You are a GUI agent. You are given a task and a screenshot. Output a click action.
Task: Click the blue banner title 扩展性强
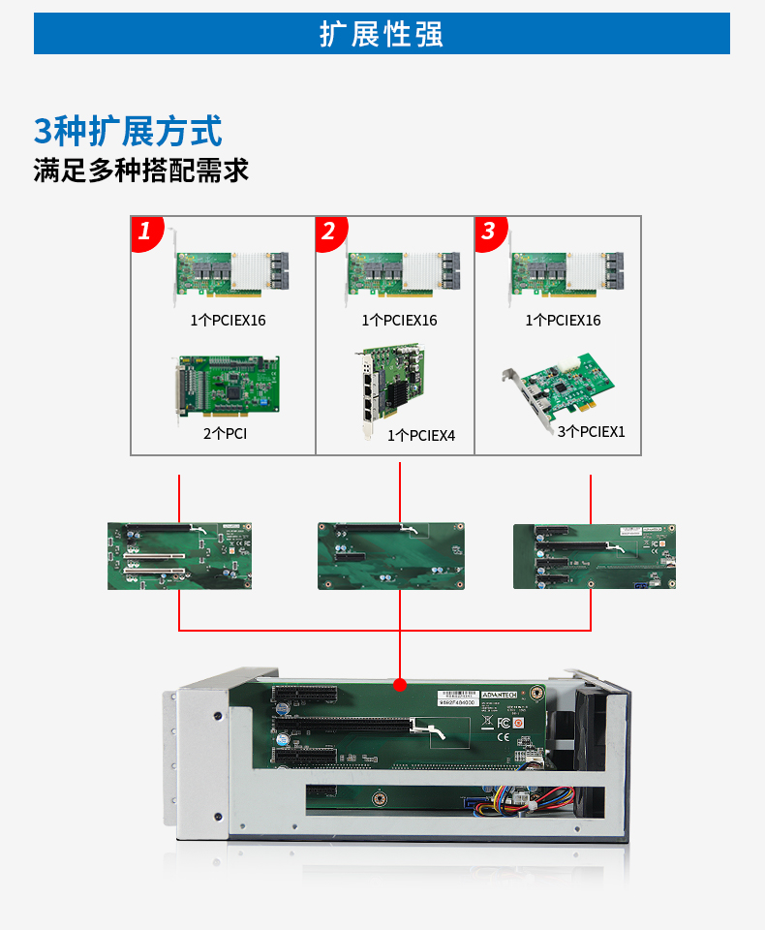382,34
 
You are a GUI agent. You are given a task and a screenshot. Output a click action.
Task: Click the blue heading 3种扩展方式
128,131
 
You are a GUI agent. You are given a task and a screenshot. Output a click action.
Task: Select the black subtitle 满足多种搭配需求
141,171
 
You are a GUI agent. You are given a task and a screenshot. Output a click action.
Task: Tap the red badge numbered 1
145,232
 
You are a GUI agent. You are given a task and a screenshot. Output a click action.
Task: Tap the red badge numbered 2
329,232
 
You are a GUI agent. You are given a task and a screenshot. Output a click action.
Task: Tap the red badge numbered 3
488,232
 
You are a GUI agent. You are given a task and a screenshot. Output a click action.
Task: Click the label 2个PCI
225,434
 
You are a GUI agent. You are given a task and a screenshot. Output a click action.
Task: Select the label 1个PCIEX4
420,436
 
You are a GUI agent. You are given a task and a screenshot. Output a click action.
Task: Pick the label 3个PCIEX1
591,432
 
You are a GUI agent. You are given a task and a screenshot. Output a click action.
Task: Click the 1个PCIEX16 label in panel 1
228,320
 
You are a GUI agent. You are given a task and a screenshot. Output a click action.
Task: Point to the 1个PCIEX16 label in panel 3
563,320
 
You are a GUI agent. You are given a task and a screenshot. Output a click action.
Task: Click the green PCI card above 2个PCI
227,387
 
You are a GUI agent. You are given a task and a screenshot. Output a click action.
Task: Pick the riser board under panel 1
179,556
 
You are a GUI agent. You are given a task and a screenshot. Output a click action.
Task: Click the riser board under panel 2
392,556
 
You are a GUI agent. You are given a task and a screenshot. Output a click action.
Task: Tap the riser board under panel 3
594,556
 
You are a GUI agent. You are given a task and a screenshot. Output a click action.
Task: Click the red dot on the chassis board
399,684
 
